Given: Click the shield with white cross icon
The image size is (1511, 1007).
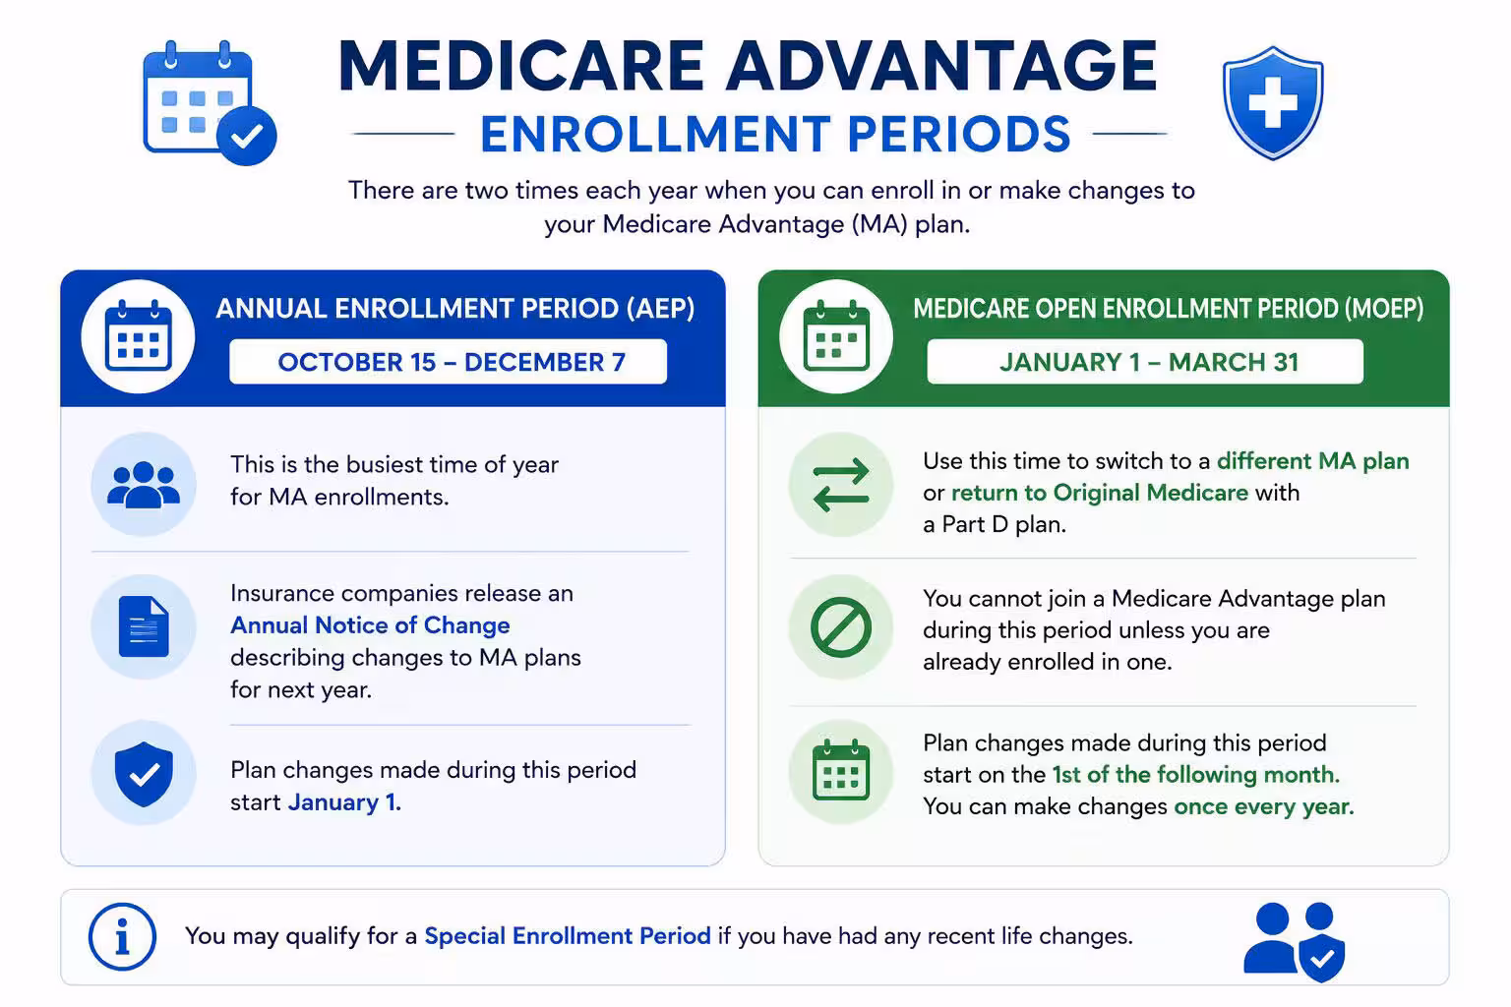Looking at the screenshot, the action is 1273,102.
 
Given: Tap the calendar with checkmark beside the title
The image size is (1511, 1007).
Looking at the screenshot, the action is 210,102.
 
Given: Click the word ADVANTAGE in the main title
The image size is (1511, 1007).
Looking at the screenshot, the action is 941,66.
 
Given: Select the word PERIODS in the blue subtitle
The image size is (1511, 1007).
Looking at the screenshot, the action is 958,134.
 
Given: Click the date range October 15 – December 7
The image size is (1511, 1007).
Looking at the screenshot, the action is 452,362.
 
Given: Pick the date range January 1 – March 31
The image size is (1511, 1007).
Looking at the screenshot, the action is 1149,362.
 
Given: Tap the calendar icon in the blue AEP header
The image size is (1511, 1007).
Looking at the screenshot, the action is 139,335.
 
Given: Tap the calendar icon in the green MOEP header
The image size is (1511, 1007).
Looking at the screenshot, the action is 836,335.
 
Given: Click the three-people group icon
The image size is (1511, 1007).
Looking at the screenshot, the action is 144,484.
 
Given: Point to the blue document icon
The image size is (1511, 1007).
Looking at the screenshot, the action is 144,626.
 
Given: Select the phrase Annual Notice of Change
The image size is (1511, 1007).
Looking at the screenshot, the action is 370,625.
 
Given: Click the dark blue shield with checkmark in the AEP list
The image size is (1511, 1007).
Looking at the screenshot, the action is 144,774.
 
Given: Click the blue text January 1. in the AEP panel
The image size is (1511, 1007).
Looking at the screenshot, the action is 344,801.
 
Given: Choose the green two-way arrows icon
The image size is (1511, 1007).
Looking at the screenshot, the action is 841,484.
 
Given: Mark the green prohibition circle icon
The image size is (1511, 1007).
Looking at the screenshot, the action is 841,627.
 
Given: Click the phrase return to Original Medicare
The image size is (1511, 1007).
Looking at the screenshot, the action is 1100,493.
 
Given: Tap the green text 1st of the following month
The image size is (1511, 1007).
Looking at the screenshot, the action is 1196,774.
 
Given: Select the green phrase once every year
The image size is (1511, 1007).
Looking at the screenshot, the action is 1264,806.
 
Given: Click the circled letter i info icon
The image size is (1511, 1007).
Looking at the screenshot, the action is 122,937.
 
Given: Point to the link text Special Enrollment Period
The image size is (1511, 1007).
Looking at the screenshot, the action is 568,935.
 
